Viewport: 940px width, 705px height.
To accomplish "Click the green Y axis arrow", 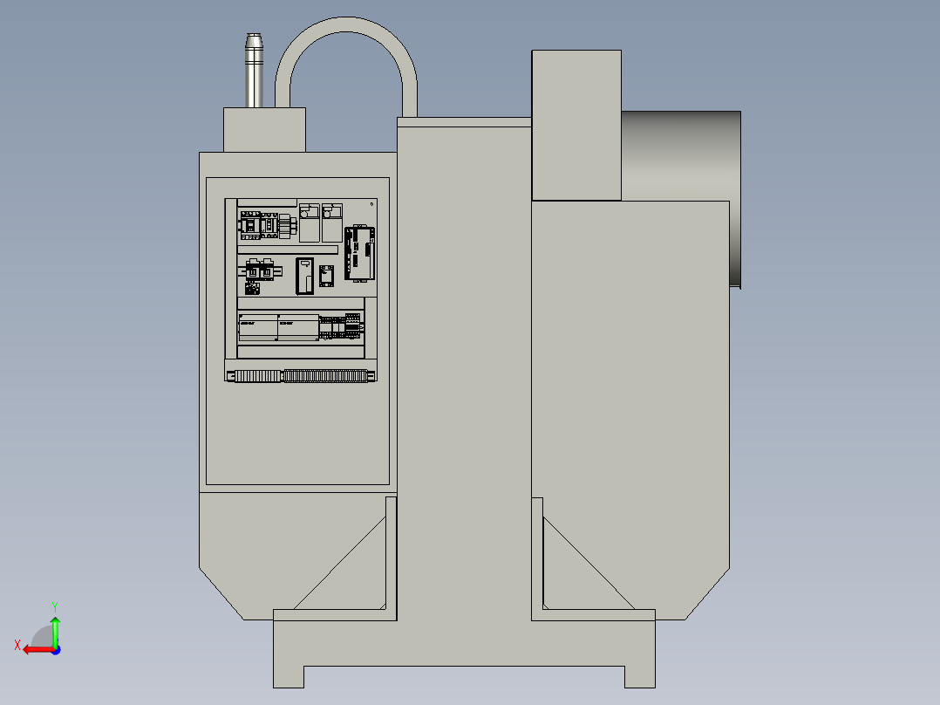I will (x=55, y=626).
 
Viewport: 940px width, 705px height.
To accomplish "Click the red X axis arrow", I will (x=33, y=649).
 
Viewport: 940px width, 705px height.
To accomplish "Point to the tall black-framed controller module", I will (x=360, y=253).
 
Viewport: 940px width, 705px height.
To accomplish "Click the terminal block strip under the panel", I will (x=302, y=376).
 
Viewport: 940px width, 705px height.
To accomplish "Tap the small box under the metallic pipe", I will (x=264, y=130).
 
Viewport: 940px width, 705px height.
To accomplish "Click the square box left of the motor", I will (x=576, y=124).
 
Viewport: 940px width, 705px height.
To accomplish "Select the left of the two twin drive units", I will (x=310, y=223).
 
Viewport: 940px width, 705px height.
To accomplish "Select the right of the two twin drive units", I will (x=332, y=223).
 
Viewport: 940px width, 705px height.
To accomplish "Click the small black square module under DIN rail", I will (x=252, y=287).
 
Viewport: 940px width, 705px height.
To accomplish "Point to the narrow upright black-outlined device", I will (x=304, y=277).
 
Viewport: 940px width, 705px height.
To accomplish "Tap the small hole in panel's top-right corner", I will (x=372, y=204).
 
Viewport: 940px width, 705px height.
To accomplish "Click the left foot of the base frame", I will (x=289, y=676).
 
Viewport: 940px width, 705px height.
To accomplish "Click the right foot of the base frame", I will (x=639, y=676).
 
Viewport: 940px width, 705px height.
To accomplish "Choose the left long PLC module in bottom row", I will (x=257, y=328).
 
